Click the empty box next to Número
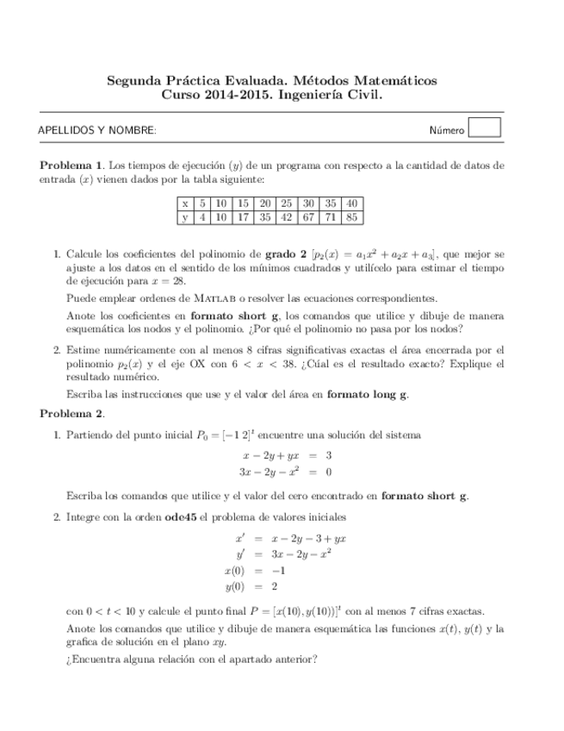pos(485,128)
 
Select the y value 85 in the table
pos(351,217)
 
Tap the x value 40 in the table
pos(351,203)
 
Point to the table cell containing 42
pos(286,217)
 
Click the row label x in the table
pos(185,203)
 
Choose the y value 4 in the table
pos(201,217)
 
